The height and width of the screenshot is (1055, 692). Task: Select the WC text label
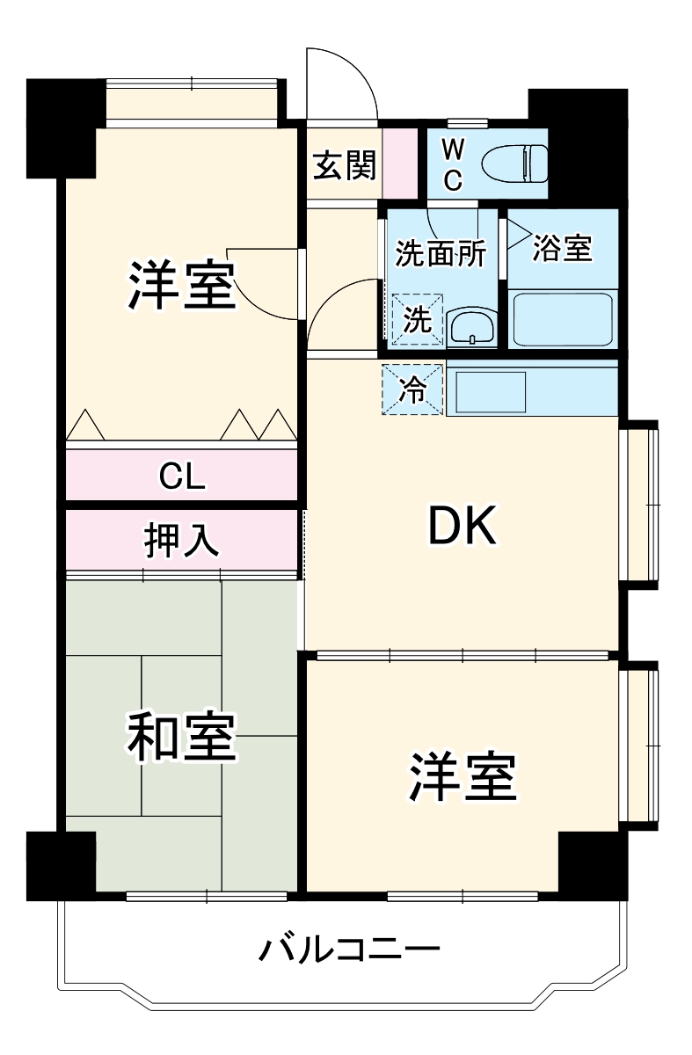[452, 164]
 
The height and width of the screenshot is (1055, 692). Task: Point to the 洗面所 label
[439, 253]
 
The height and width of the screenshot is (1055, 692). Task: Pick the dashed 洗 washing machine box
[418, 318]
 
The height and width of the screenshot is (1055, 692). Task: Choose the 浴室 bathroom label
[562, 250]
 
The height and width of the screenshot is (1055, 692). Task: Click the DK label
[463, 527]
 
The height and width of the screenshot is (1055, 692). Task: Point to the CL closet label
[182, 476]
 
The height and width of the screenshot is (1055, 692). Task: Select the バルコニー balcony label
[348, 950]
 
